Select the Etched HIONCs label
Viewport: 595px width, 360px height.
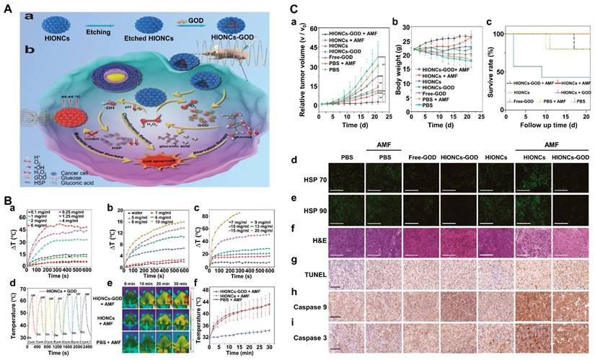pyautogui.click(x=134, y=40)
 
